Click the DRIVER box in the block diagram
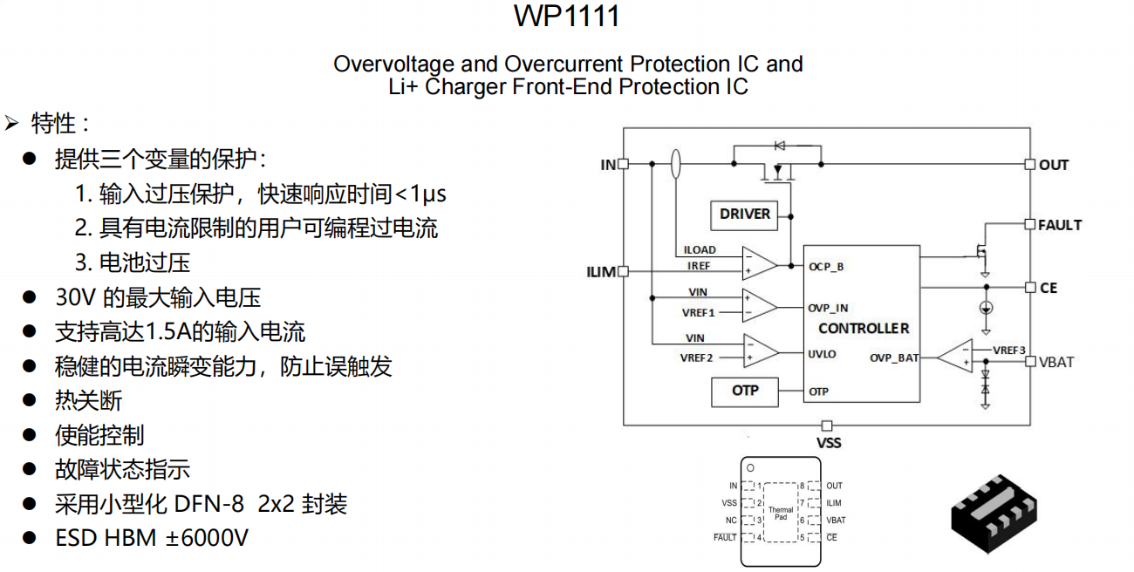pos(745,214)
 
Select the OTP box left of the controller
pos(745,392)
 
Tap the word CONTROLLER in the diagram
pos(864,329)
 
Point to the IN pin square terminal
pos(623,164)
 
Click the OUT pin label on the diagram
pos(1053,165)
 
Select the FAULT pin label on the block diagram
pos(1059,225)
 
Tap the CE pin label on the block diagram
pos(1048,288)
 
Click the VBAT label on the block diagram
pos(1056,362)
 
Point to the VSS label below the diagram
pos(828,443)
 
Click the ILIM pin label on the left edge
pos(601,272)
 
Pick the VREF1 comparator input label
pos(698,312)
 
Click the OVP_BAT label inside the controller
pos(894,358)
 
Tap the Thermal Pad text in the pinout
pos(781,514)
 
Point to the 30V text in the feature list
pos(76,297)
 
